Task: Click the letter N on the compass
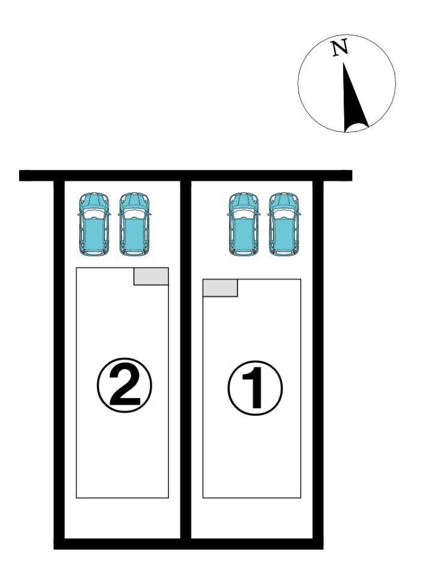pos(340,48)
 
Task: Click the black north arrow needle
pos(353,99)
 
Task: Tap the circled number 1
pos(255,388)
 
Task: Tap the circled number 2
pos(125,385)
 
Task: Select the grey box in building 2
pos(151,276)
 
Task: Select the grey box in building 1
pos(220,287)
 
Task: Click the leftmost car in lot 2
pos(94,224)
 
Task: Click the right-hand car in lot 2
pos(135,224)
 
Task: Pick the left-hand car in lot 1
pos(243,224)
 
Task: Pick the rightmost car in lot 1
pos(284,224)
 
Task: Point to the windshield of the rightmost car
pos(284,214)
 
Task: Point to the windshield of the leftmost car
pos(94,214)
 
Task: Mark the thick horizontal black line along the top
pos(186,175)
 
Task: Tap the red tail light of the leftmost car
pos(83,251)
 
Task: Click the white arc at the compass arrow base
pos(357,127)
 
